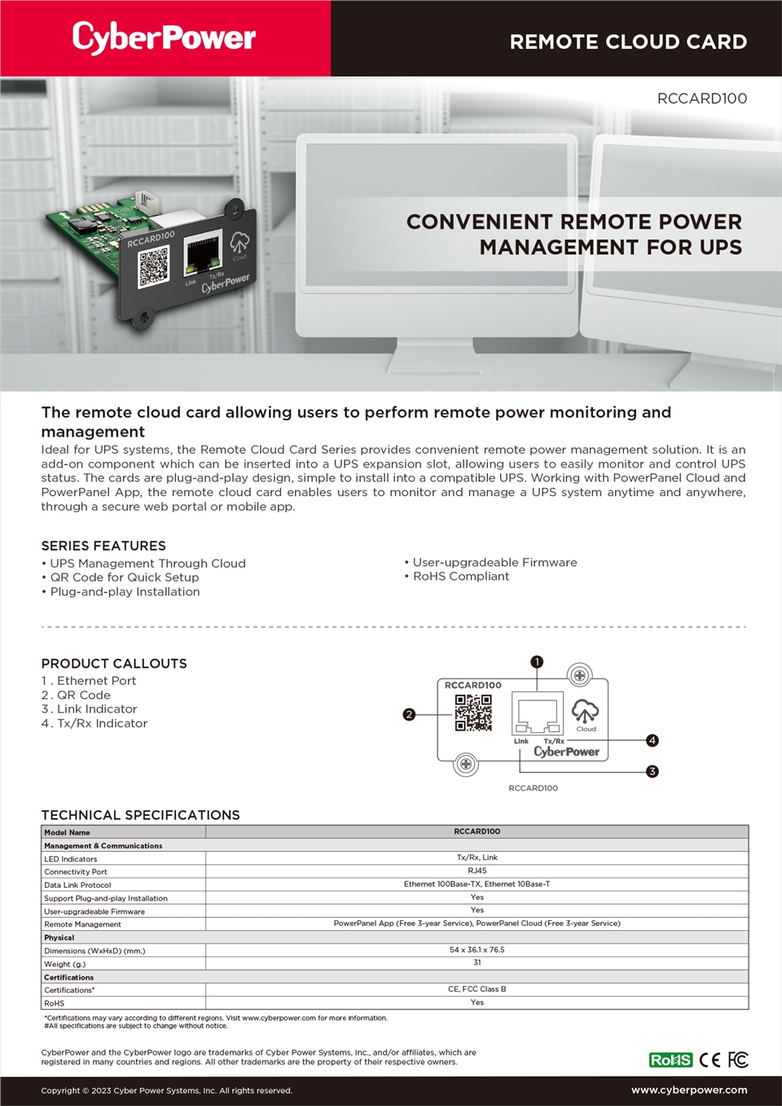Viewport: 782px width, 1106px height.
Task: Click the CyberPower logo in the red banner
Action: coord(164,37)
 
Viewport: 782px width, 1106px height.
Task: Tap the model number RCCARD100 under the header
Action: coord(701,99)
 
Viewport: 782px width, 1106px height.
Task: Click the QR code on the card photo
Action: coord(153,267)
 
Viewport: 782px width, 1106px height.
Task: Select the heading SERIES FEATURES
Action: coord(103,546)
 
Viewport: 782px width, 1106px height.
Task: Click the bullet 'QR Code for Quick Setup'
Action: coord(125,577)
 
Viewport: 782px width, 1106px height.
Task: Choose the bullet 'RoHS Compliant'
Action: coord(461,577)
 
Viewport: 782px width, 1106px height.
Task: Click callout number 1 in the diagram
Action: coord(537,662)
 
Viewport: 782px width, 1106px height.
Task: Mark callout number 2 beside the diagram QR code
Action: coord(409,714)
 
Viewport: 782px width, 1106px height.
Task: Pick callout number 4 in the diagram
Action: coord(652,740)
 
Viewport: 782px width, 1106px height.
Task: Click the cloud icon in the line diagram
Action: coord(585,711)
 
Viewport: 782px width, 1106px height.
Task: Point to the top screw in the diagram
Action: coord(579,675)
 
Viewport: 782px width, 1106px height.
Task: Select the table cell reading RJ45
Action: coord(477,871)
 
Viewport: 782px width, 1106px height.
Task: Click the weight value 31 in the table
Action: coord(477,963)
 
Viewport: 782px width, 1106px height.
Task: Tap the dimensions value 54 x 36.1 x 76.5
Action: coord(477,950)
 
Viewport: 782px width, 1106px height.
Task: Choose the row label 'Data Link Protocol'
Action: coord(77,885)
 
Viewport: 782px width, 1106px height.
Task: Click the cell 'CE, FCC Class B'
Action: coord(477,989)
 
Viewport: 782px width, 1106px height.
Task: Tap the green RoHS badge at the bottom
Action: coord(670,1060)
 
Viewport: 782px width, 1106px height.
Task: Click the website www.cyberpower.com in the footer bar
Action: coord(689,1090)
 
